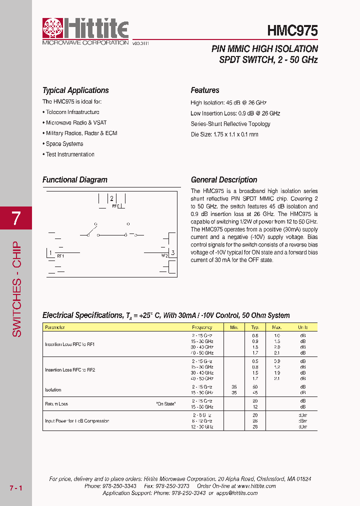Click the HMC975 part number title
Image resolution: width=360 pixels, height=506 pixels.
(x=292, y=30)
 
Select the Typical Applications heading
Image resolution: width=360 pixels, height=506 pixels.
(x=75, y=90)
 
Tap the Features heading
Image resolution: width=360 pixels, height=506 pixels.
(x=205, y=90)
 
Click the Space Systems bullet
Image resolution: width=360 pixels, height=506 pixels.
(x=64, y=144)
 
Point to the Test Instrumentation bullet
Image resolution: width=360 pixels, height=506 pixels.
(x=69, y=154)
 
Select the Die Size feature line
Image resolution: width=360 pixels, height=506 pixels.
(x=224, y=134)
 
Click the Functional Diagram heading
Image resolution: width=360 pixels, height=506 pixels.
(x=75, y=180)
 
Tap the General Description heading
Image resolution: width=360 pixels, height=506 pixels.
(x=224, y=180)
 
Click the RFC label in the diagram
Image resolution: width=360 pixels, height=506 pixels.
(x=115, y=206)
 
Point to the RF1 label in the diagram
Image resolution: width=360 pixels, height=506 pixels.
(x=60, y=256)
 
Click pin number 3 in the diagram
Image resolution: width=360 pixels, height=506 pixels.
(x=172, y=253)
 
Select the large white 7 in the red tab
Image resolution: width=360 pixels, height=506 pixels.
(x=16, y=218)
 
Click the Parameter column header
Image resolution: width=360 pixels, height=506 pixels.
(x=55, y=327)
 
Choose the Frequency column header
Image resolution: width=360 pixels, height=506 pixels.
(x=202, y=327)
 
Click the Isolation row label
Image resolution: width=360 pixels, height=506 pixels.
(x=53, y=390)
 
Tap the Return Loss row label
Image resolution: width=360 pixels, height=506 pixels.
(x=56, y=404)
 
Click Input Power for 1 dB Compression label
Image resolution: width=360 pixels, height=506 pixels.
(x=77, y=421)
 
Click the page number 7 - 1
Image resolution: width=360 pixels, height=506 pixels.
(x=16, y=487)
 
